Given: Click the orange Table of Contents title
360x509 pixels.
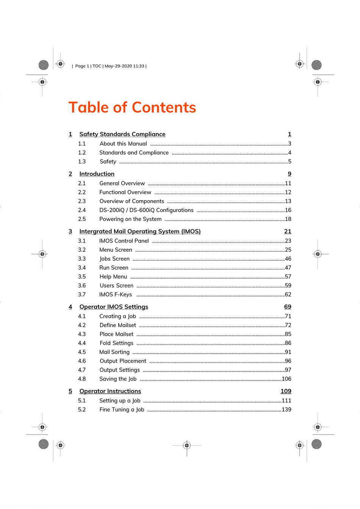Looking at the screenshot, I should click(132, 108).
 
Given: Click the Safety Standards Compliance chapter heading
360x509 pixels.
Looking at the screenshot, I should click(122, 134).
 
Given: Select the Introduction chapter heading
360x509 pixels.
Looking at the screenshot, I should click(97, 174).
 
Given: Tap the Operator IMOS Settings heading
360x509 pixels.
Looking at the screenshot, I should click(114, 307).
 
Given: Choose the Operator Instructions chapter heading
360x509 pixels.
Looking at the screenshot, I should click(110, 391).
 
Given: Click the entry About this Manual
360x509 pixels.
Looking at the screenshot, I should click(123, 144).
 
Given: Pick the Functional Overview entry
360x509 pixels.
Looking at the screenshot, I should click(125, 193).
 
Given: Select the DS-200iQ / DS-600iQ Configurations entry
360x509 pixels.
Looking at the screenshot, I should click(146, 210).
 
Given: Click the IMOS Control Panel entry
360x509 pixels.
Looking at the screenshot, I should click(124, 241).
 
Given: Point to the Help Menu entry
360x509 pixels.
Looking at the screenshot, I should click(113, 277).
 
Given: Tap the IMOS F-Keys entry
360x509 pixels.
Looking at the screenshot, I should click(116, 294).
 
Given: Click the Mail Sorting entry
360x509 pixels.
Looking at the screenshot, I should click(114, 352).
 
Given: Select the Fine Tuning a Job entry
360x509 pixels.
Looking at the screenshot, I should click(122, 410).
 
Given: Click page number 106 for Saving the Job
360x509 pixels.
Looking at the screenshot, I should click(286, 379).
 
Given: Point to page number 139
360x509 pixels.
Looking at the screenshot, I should click(286, 410).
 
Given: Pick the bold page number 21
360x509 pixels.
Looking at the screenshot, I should click(288, 232).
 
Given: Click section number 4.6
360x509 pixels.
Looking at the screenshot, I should click(82, 361).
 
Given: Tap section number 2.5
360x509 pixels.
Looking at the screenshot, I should click(82, 219).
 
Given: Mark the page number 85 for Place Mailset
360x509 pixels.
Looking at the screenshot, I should click(288, 334).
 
